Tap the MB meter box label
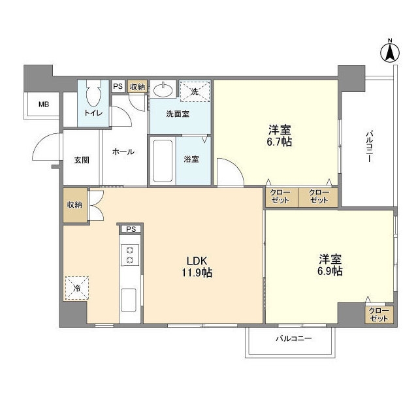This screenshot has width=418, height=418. pyautogui.click(x=43, y=104)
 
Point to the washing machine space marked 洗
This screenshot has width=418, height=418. pyautogui.click(x=195, y=91)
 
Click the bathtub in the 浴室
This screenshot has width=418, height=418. pyautogui.click(x=161, y=161)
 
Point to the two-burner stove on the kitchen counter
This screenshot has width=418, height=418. pyautogui.click(x=129, y=255)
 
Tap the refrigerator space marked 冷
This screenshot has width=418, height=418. pyautogui.click(x=76, y=287)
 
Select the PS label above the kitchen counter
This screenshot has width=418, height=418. pyautogui.click(x=131, y=229)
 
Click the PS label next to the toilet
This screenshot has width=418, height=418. pyautogui.click(x=118, y=86)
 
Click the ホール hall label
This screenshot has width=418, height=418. pyautogui.click(x=123, y=152)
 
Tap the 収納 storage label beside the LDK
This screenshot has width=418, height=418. pyautogui.click(x=74, y=204)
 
